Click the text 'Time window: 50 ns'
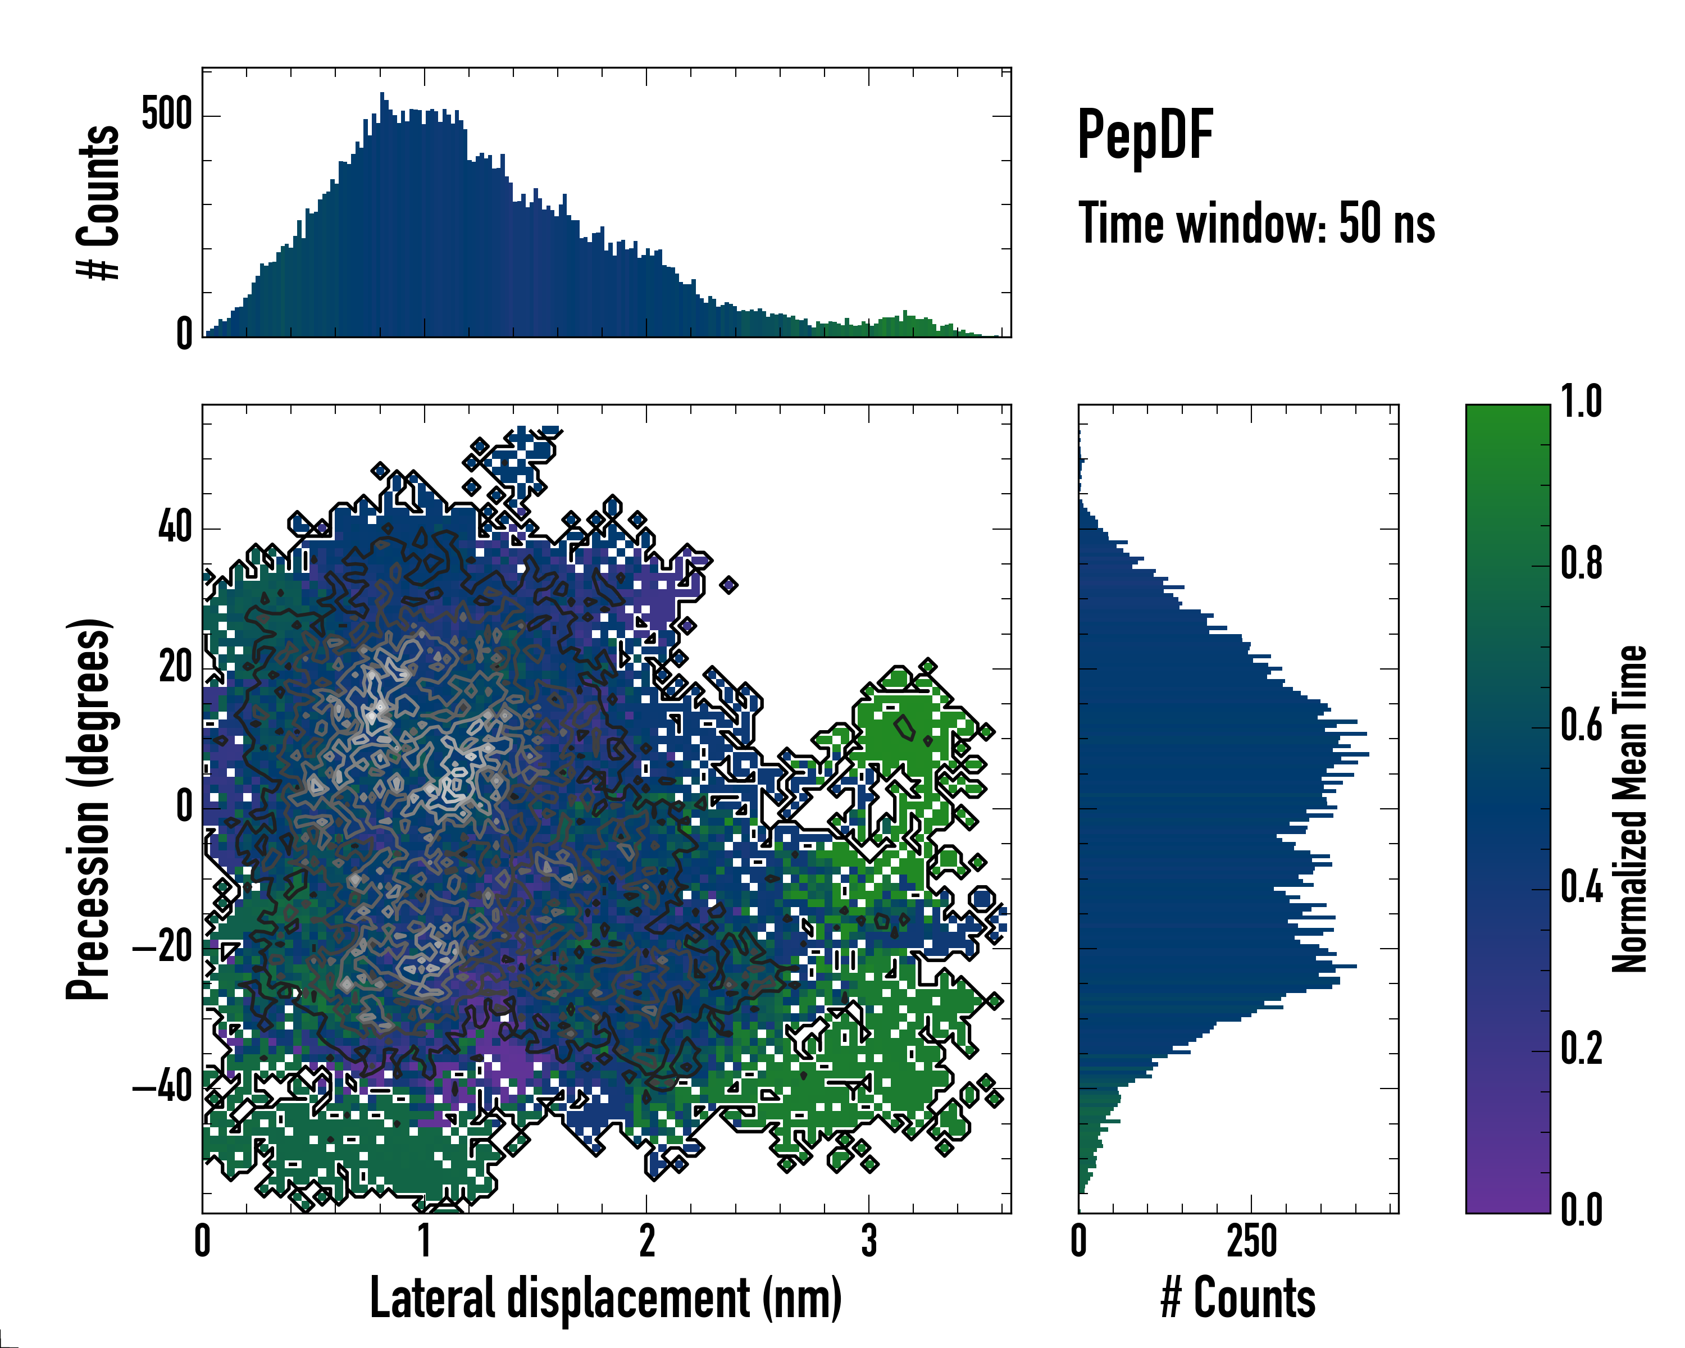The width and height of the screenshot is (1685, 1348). coord(1256,224)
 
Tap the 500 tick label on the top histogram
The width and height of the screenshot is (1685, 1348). coord(166,115)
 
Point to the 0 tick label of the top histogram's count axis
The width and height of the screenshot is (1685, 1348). coord(184,334)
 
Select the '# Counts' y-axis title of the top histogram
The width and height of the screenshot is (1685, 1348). coord(99,202)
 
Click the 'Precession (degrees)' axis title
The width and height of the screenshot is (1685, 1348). coord(88,809)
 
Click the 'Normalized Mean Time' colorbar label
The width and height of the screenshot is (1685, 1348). coord(1629,809)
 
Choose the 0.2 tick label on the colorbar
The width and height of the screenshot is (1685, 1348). coord(1581,1050)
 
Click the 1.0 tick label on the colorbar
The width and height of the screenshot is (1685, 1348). coord(1581,403)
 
